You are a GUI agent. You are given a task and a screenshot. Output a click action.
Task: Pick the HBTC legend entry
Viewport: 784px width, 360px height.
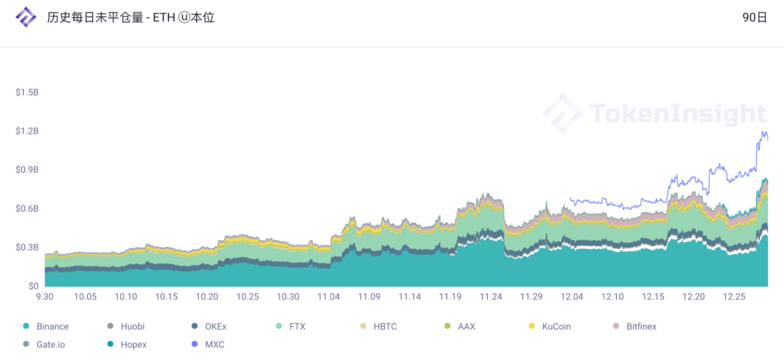point(380,327)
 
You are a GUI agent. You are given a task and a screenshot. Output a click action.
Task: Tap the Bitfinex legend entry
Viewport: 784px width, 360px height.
point(637,327)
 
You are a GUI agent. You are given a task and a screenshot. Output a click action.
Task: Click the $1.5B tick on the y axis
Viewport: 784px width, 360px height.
point(27,93)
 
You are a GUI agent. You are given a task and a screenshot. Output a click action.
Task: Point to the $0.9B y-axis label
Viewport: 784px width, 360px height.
point(27,170)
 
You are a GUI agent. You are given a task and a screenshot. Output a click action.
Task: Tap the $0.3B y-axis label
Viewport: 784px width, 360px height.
point(27,247)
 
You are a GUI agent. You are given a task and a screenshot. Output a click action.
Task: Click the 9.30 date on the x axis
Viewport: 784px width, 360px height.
point(45,297)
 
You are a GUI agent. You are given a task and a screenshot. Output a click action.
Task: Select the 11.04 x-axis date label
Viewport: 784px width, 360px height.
point(329,297)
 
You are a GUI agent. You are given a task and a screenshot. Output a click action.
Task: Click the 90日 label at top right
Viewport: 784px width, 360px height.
point(754,18)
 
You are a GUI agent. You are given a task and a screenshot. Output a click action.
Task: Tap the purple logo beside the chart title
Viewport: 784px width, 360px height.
point(26,17)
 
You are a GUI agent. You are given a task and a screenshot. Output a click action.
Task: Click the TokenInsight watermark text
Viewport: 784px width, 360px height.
point(677,113)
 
